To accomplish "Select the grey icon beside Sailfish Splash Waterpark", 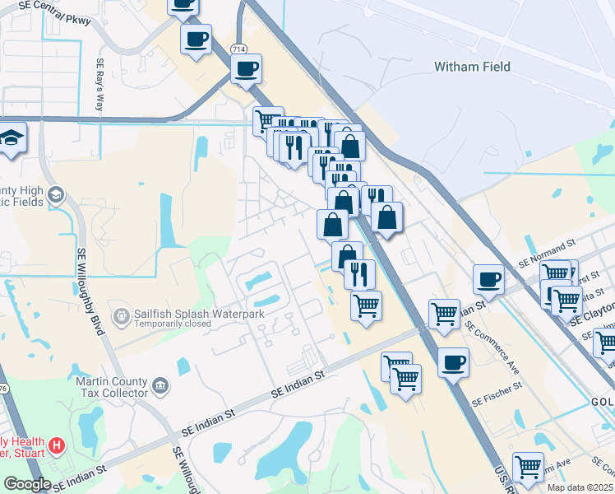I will [x=122, y=315].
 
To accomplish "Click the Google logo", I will [x=27, y=484].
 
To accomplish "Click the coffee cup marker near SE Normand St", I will [x=489, y=278].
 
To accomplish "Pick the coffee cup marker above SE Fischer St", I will [x=452, y=362].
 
